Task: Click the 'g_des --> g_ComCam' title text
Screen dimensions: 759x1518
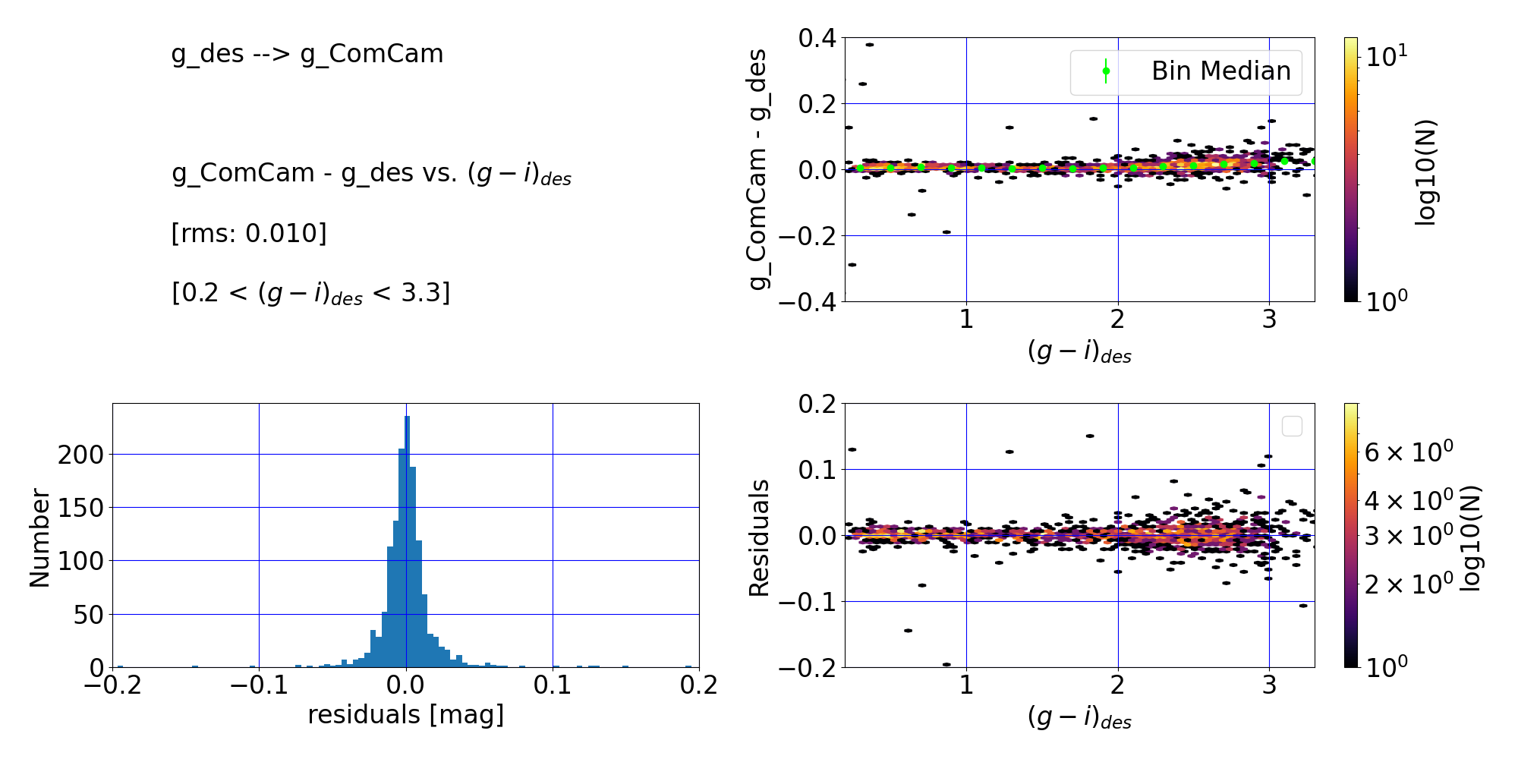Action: pyautogui.click(x=307, y=54)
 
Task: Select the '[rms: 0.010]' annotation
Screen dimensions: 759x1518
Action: pyautogui.click(x=249, y=233)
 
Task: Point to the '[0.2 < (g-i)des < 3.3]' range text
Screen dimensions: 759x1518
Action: pyautogui.click(x=311, y=293)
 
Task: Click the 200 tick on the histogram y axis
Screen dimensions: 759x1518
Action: pyautogui.click(x=80, y=455)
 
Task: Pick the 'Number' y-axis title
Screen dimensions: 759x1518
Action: pyautogui.click(x=39, y=538)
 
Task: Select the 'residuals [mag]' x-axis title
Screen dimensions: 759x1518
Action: pyautogui.click(x=406, y=715)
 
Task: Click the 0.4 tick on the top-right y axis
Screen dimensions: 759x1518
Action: pyautogui.click(x=817, y=38)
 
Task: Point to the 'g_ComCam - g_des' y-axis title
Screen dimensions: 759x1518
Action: pyautogui.click(x=757, y=169)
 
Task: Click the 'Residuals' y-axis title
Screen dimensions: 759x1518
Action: pyautogui.click(x=759, y=538)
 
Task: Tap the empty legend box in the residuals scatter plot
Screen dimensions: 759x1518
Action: pyautogui.click(x=1292, y=427)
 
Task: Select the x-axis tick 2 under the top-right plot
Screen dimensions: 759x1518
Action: pyautogui.click(x=1117, y=320)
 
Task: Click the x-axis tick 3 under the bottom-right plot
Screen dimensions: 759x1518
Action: pyautogui.click(x=1269, y=686)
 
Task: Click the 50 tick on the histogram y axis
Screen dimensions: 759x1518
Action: pyautogui.click(x=88, y=615)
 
